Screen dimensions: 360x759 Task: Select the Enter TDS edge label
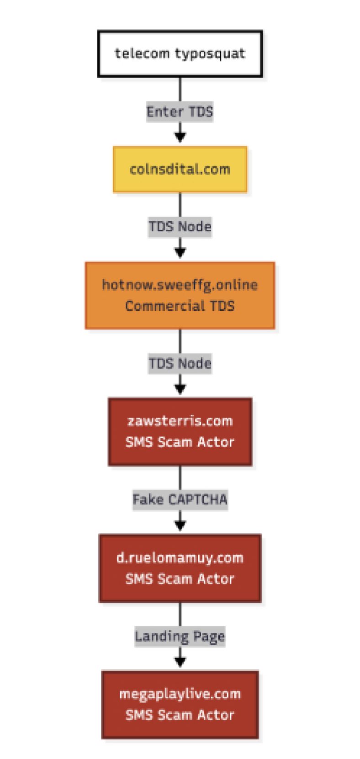click(x=180, y=111)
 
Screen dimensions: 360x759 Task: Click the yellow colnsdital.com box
click(x=180, y=169)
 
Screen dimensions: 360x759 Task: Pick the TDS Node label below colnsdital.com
click(x=180, y=226)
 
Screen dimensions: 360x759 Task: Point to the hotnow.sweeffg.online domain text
click(x=180, y=285)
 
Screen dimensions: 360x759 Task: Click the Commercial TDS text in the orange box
click(x=180, y=306)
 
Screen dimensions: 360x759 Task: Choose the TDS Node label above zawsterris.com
click(x=180, y=363)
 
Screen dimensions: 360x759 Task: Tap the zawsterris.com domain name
click(x=180, y=421)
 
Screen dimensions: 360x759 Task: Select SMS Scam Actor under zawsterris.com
click(x=180, y=442)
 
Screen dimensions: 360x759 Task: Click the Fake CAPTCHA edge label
click(x=180, y=499)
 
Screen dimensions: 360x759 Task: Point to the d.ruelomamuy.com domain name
click(x=180, y=558)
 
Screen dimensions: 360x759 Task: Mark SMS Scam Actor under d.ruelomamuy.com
click(x=180, y=579)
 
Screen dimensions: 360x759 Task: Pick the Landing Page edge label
click(x=180, y=637)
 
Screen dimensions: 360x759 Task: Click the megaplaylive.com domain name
click(x=180, y=695)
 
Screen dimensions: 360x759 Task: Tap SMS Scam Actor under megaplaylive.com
click(x=180, y=715)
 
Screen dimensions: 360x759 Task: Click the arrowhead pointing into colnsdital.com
click(x=180, y=138)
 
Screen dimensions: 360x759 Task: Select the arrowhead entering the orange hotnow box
click(x=180, y=253)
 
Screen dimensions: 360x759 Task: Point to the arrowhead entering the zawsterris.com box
click(x=180, y=389)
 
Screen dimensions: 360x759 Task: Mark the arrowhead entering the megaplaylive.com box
click(x=180, y=662)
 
